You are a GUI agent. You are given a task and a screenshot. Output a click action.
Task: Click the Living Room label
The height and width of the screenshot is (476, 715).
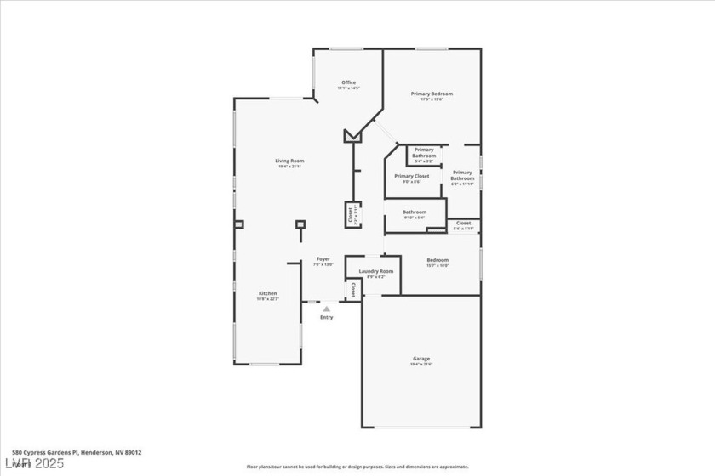pyautogui.click(x=289, y=161)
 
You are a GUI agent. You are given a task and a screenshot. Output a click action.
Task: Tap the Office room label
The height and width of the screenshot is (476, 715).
pyautogui.click(x=348, y=82)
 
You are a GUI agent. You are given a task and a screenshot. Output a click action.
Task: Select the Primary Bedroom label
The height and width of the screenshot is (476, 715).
pyautogui.click(x=432, y=93)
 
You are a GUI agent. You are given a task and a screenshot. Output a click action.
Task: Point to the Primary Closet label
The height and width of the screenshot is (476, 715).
pyautogui.click(x=411, y=176)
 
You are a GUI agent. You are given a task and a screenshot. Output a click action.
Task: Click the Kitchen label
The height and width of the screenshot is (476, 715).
pyautogui.click(x=267, y=293)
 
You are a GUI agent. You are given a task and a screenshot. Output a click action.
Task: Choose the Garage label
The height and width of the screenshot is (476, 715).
pyautogui.click(x=421, y=359)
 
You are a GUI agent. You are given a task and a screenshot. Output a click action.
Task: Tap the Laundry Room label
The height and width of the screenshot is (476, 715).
pyautogui.click(x=375, y=271)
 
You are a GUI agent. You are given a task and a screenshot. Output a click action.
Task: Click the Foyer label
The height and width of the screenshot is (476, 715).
pyautogui.click(x=323, y=258)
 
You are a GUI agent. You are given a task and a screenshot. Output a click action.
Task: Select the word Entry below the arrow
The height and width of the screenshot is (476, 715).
pyautogui.click(x=327, y=318)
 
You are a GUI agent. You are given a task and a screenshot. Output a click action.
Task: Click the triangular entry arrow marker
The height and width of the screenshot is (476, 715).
pyautogui.click(x=326, y=309)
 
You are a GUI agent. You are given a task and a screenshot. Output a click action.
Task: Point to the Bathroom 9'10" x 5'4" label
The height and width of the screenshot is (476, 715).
pyautogui.click(x=415, y=212)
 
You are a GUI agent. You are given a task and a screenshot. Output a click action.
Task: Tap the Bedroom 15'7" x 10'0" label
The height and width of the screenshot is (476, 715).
pyautogui.click(x=438, y=260)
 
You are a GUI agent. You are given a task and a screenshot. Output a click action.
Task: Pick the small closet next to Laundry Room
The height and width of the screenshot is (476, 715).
pyautogui.click(x=351, y=290)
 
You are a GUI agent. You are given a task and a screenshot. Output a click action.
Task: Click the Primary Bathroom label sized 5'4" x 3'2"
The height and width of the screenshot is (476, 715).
pyautogui.click(x=424, y=154)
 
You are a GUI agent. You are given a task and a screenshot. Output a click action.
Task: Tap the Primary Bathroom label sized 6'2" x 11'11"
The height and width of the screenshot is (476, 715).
pyautogui.click(x=462, y=176)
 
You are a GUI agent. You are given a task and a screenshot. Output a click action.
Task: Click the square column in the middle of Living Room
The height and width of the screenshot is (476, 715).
pyautogui.click(x=300, y=225)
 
